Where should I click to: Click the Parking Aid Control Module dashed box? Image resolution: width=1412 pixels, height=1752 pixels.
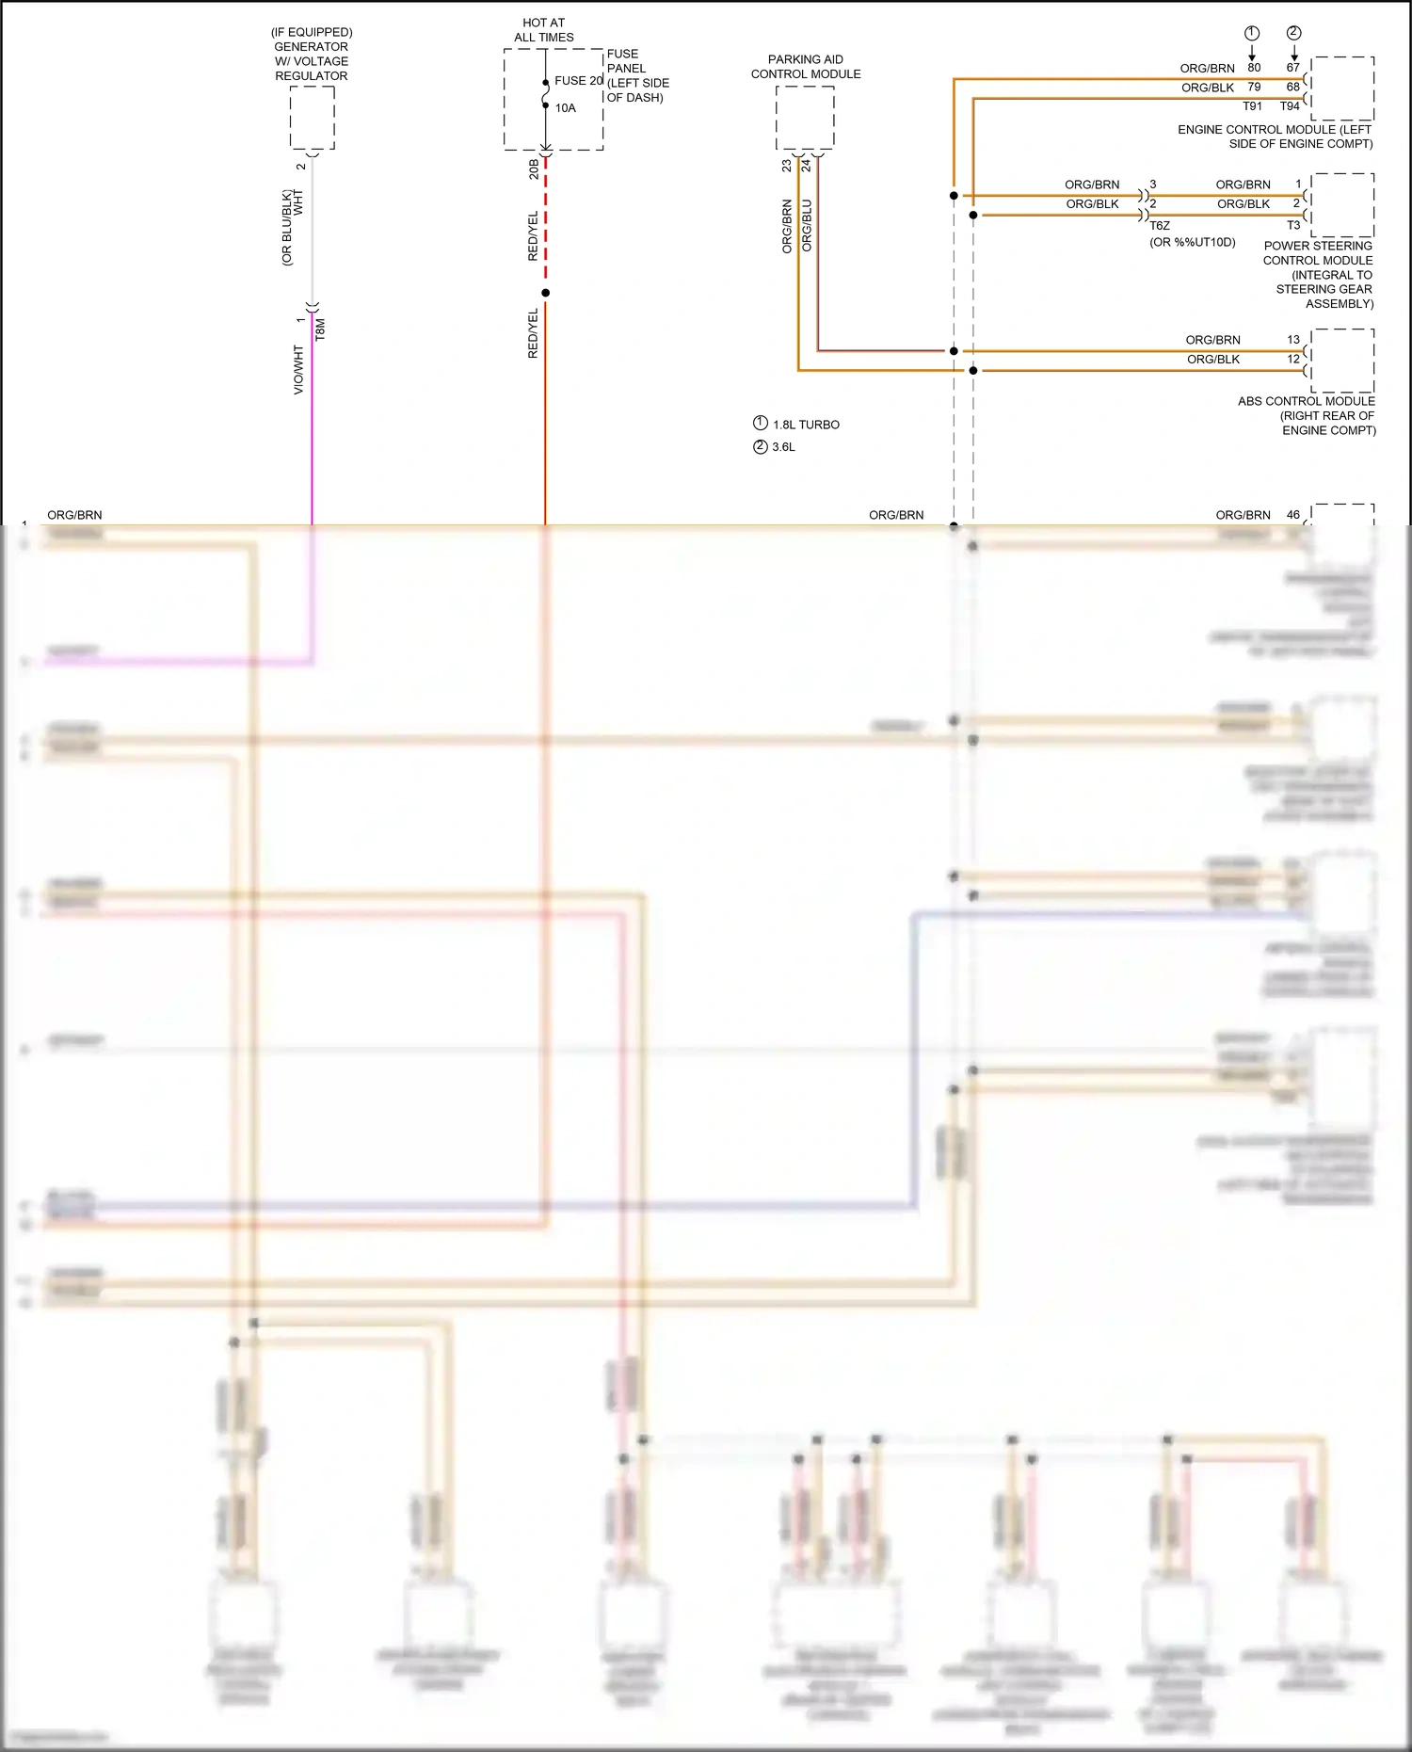[805, 118]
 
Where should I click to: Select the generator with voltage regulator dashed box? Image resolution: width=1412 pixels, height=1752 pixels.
[312, 118]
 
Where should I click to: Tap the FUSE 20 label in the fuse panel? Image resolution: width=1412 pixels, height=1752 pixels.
[578, 81]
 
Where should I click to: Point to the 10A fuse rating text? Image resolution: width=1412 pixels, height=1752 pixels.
[565, 108]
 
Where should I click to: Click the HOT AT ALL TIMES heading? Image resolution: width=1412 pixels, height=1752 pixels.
[544, 30]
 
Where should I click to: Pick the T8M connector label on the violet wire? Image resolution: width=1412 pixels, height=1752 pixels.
[321, 329]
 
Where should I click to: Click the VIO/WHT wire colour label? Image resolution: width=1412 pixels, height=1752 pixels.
[298, 370]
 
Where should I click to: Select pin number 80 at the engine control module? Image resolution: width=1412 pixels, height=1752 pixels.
[1254, 68]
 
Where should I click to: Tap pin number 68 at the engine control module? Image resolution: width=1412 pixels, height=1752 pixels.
[1293, 88]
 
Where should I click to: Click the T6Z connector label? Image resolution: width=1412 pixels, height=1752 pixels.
[1160, 226]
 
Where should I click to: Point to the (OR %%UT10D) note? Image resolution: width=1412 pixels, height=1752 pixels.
[1192, 243]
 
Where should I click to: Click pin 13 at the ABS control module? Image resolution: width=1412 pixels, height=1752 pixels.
[1293, 340]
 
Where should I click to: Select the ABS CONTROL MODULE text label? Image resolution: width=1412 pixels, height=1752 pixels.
[1306, 401]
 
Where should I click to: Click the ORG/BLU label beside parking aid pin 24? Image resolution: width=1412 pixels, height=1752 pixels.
[807, 225]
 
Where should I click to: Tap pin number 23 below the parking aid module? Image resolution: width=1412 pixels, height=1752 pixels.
[786, 166]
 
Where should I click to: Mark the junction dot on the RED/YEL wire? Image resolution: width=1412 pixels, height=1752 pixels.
[545, 293]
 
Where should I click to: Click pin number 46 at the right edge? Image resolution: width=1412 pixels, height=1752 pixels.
[1293, 515]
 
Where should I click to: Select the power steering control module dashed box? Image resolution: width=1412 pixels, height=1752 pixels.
[1342, 205]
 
